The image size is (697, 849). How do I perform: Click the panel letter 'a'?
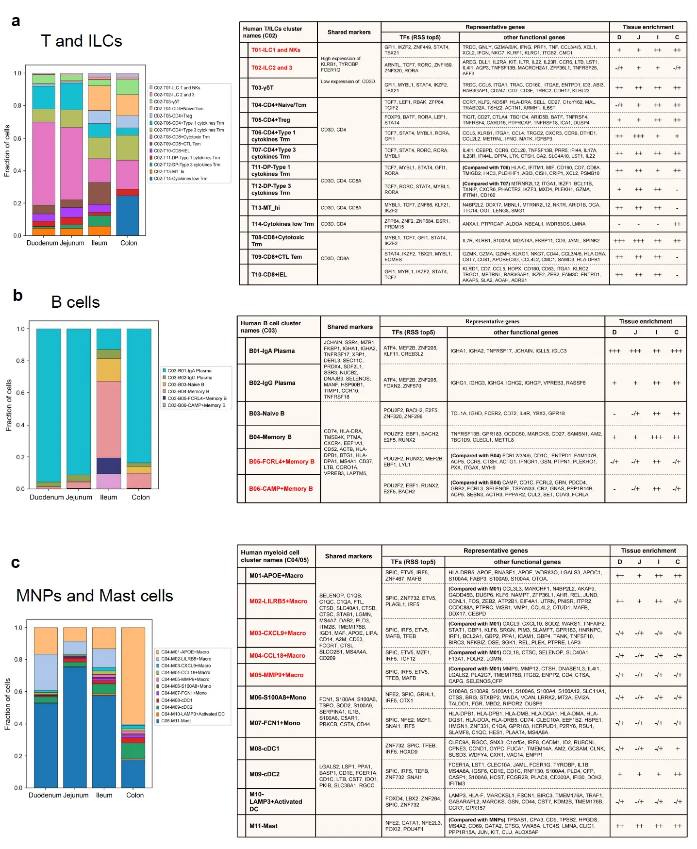(x=16, y=21)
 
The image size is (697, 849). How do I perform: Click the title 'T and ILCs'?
(x=82, y=41)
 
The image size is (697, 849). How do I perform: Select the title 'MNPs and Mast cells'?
(x=95, y=596)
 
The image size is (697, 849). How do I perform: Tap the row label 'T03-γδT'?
(x=263, y=88)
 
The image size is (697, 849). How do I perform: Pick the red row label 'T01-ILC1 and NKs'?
(x=276, y=50)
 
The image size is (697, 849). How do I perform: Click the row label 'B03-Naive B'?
(x=266, y=414)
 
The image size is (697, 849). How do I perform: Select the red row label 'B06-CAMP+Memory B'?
(x=281, y=489)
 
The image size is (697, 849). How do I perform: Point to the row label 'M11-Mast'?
(x=264, y=826)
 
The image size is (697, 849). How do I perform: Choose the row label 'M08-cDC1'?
(x=265, y=749)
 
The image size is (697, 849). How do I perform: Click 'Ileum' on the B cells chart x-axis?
(x=108, y=497)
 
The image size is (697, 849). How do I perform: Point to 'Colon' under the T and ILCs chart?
(x=129, y=243)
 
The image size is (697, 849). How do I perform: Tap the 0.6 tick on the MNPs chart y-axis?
(x=18, y=692)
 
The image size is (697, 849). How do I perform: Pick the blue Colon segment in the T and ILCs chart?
(x=128, y=216)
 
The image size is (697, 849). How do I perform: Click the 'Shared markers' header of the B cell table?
(x=350, y=327)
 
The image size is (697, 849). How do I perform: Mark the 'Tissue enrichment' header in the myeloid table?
(x=648, y=550)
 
